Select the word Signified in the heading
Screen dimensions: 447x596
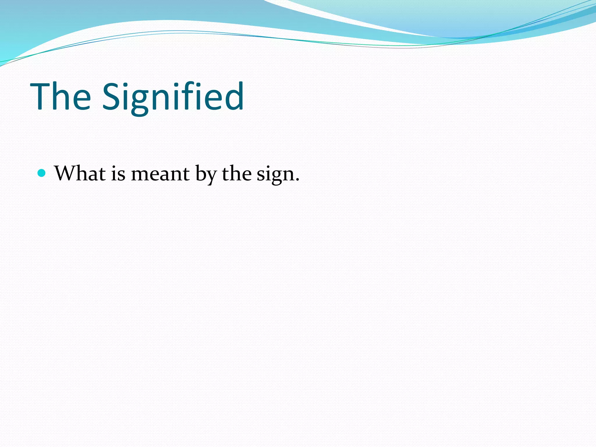click(x=173, y=97)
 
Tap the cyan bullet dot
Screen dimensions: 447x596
click(x=42, y=173)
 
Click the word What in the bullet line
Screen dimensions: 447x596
click(x=80, y=173)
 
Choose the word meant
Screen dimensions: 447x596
click(x=160, y=174)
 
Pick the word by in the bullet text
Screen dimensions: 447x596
click(x=206, y=175)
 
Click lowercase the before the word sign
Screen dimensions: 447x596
click(x=237, y=173)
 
